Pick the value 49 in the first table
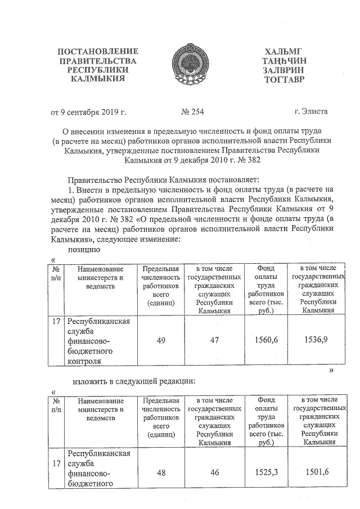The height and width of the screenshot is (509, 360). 161,339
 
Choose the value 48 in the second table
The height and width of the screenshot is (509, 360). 161,473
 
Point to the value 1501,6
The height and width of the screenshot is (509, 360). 316,473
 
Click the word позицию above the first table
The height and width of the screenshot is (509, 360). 84,249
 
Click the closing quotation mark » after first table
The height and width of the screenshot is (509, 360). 331,371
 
